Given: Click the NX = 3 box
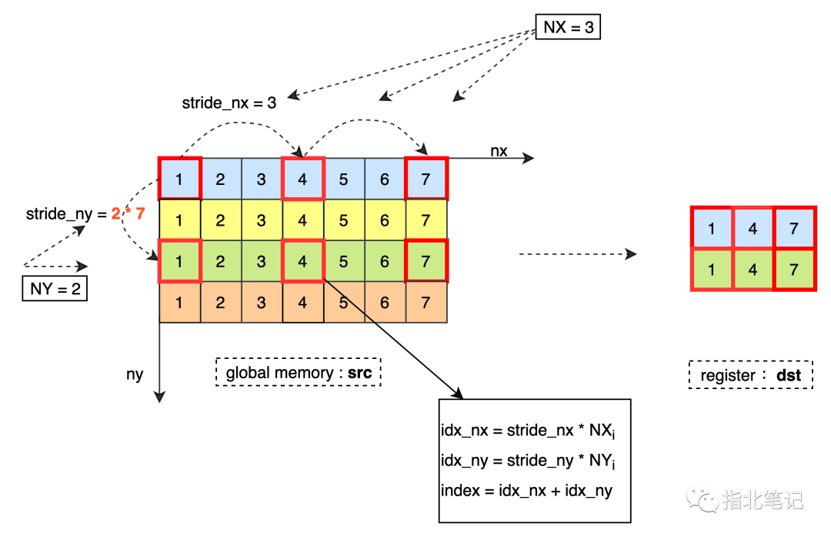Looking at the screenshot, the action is (x=568, y=27).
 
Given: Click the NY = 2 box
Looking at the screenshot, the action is (x=55, y=289).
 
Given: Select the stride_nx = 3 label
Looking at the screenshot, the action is (x=229, y=102).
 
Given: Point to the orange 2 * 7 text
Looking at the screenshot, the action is (x=128, y=213).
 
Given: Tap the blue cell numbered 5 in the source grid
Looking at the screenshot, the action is (x=344, y=179).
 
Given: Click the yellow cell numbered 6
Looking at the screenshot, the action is (x=385, y=220).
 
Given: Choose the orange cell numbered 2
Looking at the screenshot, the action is (x=221, y=302).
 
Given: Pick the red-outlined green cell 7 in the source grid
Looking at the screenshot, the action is (x=426, y=260).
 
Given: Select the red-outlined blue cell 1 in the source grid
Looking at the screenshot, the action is (x=179, y=179).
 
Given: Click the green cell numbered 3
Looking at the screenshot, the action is (x=262, y=260).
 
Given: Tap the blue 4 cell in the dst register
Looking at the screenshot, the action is (x=753, y=228).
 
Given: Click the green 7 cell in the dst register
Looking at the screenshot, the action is (x=794, y=270).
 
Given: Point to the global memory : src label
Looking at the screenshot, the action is (x=299, y=372).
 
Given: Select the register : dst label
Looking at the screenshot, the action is (x=750, y=375).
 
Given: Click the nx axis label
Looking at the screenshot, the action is (x=499, y=151).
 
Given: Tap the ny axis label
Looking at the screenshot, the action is (x=135, y=374).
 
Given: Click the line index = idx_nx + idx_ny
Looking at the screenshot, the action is (x=526, y=490).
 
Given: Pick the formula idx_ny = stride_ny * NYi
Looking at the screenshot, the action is (x=528, y=461).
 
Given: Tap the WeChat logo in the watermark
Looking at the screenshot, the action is (x=703, y=499).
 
